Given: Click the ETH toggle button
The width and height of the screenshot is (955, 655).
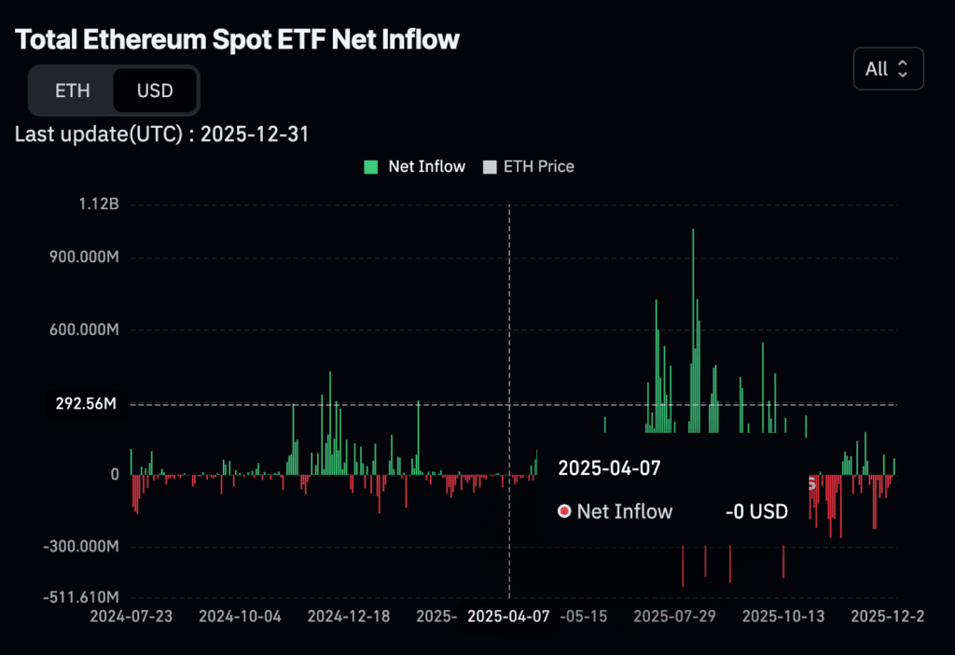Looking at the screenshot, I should point(72,91).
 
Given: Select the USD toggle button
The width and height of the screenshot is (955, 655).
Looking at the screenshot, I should point(154,91).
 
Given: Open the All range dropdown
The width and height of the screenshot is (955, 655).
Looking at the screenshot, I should point(888,69).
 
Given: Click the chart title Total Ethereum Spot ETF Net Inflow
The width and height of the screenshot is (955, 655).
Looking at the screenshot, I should point(238,40).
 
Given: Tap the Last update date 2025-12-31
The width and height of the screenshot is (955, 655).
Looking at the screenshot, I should point(255,134).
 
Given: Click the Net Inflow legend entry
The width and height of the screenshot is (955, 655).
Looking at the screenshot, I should point(415,167).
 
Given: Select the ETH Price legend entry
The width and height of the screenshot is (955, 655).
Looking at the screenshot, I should point(529,167).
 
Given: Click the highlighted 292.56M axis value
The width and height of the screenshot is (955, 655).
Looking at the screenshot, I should point(85,405).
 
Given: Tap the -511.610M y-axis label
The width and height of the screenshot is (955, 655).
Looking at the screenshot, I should point(81,596).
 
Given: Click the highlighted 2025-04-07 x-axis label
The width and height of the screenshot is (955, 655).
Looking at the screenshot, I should point(509,616).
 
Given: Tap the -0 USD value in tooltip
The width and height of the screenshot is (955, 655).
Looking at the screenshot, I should point(756,511).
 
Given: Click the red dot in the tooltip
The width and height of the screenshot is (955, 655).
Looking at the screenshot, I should point(563,511).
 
